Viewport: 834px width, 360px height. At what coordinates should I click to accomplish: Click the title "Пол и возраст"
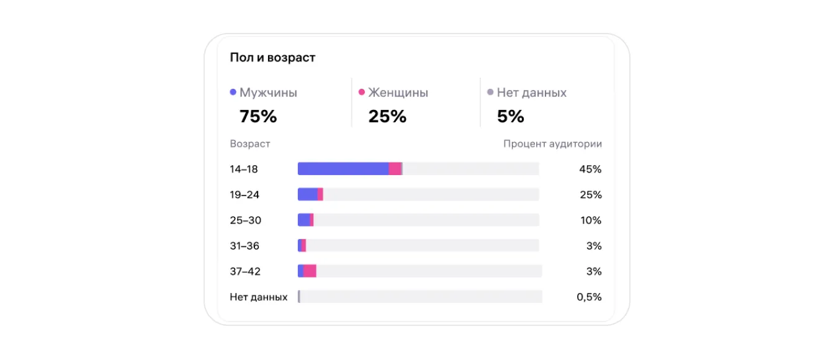272,58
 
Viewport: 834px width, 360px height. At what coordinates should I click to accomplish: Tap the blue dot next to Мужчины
233,92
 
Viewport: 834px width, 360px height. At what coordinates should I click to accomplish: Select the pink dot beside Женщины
362,92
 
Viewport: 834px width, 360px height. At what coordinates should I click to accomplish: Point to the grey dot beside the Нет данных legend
490,92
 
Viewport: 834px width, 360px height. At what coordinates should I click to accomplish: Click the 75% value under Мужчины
258,116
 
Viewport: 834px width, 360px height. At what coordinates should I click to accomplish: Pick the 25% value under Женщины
387,116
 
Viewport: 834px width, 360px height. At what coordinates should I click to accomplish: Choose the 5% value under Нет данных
511,116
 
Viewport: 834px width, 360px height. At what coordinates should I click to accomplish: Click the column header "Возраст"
250,144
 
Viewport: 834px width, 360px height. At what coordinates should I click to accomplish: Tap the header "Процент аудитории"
552,144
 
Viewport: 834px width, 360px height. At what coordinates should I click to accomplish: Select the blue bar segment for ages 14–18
343,169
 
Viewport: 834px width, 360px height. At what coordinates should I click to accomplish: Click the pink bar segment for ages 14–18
395,169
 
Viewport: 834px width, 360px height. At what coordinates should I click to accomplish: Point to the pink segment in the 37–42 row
310,271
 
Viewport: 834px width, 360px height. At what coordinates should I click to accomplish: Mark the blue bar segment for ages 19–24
307,194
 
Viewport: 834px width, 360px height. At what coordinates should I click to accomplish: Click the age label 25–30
244,220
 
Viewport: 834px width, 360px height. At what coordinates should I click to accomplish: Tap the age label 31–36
244,246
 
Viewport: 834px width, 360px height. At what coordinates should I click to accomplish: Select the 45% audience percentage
590,169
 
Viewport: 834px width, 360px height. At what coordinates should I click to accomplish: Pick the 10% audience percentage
591,220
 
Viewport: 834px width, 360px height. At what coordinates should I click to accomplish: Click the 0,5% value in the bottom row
589,297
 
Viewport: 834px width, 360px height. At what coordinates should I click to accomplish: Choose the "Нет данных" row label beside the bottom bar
258,297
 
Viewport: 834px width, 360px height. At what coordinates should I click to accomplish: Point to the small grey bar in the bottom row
299,297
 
